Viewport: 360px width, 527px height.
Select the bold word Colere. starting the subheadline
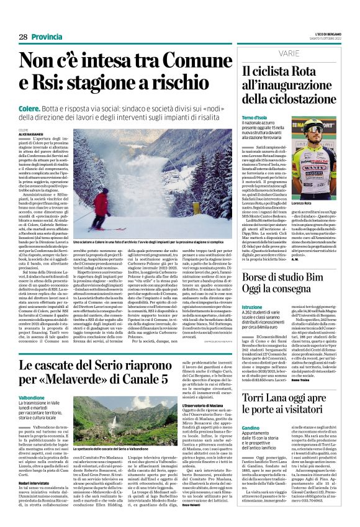tap(32, 106)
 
